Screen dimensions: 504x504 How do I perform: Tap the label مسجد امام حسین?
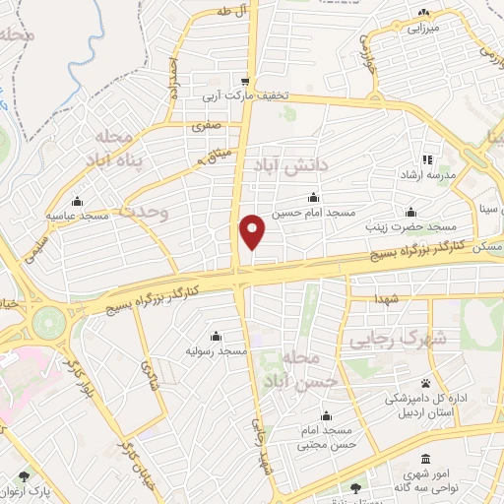(x=313, y=213)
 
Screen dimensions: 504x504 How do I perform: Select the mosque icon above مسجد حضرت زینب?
(x=410, y=212)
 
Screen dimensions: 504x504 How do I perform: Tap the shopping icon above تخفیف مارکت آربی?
(x=245, y=81)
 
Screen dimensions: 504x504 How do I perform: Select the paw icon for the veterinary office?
(x=425, y=383)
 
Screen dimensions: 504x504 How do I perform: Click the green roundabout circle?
(x=46, y=322)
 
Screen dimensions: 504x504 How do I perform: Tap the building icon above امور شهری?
(x=425, y=460)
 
